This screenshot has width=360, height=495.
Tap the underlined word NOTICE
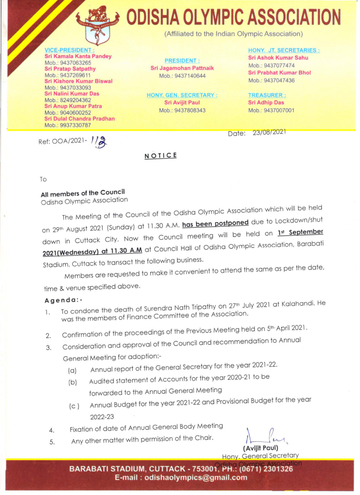click(x=161, y=156)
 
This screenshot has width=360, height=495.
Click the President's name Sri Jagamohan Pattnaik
click(x=182, y=68)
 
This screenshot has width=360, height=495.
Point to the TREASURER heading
click(x=267, y=95)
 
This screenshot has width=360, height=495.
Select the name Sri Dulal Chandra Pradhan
click(x=79, y=118)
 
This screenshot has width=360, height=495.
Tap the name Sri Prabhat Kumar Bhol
click(x=279, y=73)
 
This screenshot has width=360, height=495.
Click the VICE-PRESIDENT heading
click(x=69, y=50)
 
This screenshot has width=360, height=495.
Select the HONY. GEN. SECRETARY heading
click(x=182, y=95)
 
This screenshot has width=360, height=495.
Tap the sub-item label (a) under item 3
click(x=72, y=371)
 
